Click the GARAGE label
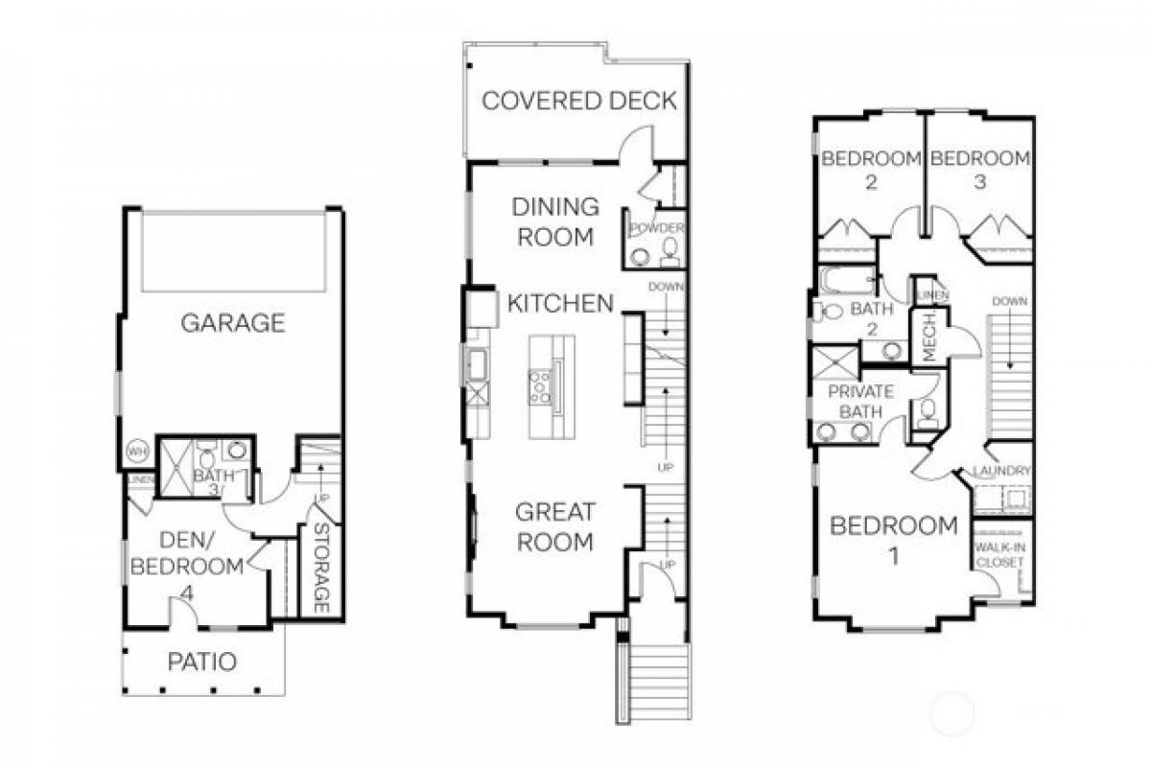pos(232,323)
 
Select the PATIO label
pos(202,662)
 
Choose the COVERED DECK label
pos(578,101)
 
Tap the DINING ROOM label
pos(555,221)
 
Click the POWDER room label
pos(657,228)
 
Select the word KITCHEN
pos(560,304)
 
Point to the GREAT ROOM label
pos(555,526)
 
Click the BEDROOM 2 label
pos(871,169)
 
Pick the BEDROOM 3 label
pos(979,169)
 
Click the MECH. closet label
pos(928,337)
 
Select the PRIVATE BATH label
pos(860,402)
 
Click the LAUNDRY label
pos(1001,471)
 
